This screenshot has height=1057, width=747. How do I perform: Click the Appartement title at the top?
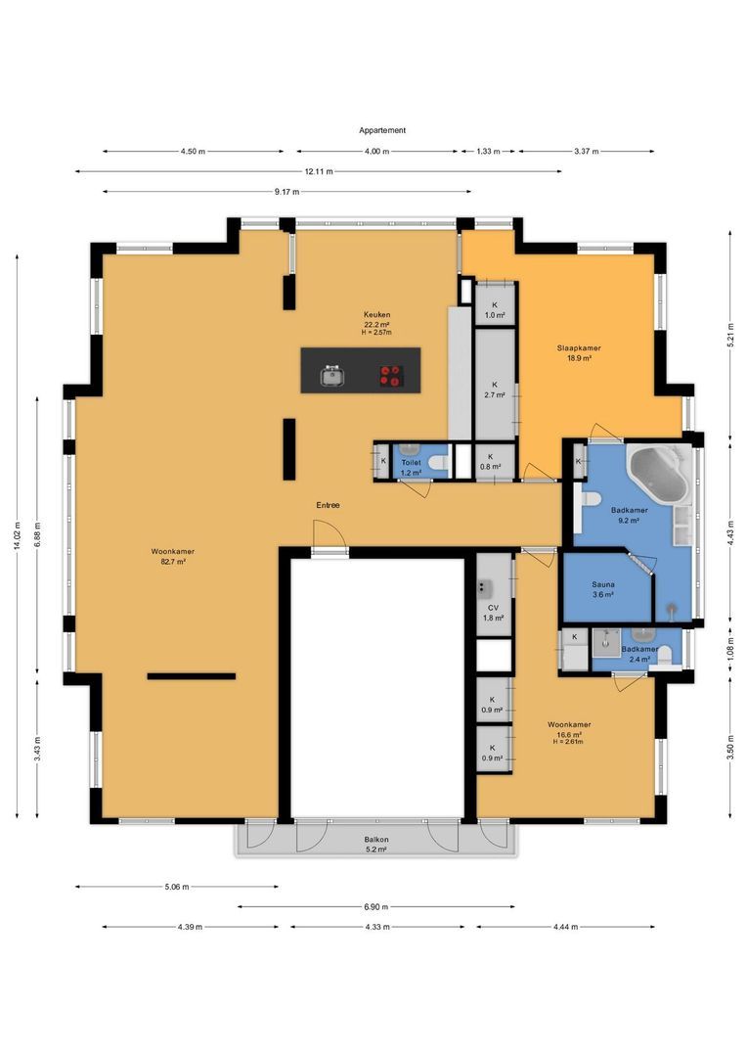point(382,130)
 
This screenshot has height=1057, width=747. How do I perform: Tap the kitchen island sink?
point(332,376)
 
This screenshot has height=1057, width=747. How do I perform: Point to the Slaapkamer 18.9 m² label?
point(579,353)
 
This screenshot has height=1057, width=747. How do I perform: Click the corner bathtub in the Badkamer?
point(659,476)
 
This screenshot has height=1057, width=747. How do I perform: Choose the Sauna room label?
point(603,589)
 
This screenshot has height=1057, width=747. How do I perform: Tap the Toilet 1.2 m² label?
point(411,467)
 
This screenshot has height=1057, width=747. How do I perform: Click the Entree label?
point(328,505)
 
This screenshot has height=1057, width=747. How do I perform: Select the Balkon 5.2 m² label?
point(375,844)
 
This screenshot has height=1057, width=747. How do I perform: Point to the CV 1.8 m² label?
point(494,613)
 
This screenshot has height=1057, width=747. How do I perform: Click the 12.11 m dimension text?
point(319,171)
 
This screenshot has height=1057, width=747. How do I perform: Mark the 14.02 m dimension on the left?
point(18,536)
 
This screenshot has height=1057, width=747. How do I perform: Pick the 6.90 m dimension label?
point(375,906)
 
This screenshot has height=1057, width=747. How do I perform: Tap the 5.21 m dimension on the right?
point(730,335)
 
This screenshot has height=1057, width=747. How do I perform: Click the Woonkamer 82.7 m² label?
point(172,556)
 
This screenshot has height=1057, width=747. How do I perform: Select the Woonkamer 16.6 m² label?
point(569,733)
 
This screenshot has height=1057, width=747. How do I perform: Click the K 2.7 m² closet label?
point(495,390)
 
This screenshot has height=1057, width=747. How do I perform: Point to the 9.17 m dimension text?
point(286,192)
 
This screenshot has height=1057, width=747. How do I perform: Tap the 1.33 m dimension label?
point(488,151)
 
